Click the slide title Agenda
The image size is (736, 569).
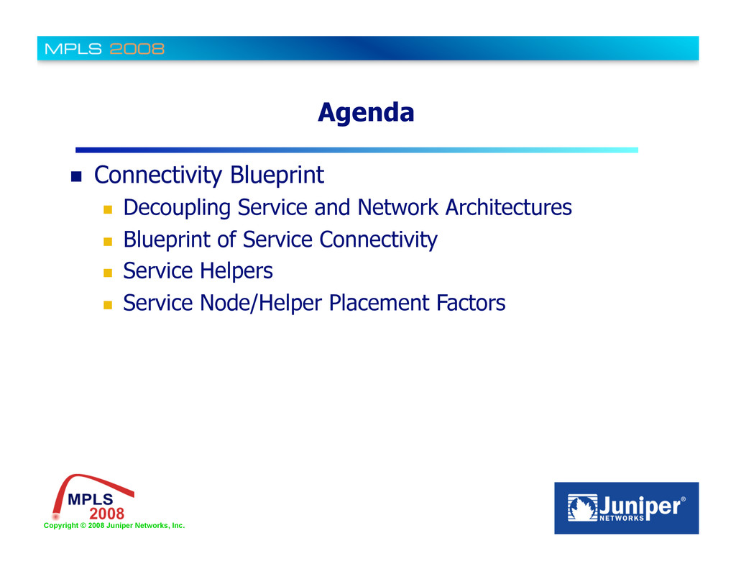pyautogui.click(x=366, y=113)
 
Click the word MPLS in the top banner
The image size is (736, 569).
pyautogui.click(x=73, y=49)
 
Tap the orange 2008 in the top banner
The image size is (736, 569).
pyautogui.click(x=137, y=49)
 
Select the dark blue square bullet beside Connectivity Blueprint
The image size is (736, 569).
pyautogui.click(x=76, y=177)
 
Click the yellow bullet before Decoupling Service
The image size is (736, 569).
pyautogui.click(x=108, y=209)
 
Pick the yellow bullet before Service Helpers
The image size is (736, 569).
pyautogui.click(x=108, y=273)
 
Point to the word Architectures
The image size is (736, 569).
pyautogui.click(x=508, y=207)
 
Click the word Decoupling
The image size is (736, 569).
pyautogui.click(x=177, y=208)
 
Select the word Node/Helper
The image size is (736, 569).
pyautogui.click(x=261, y=303)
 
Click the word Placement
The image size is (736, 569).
pyautogui.click(x=379, y=303)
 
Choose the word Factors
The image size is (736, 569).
pyautogui.click(x=471, y=303)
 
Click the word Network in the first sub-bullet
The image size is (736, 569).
pyautogui.click(x=397, y=207)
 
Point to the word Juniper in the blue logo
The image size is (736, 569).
pyautogui.click(x=639, y=506)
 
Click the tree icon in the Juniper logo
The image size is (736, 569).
pyautogui.click(x=582, y=508)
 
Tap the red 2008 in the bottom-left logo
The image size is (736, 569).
pyautogui.click(x=107, y=514)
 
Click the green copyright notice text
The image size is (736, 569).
pyautogui.click(x=114, y=526)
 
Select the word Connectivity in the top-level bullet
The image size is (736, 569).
pyautogui.click(x=157, y=176)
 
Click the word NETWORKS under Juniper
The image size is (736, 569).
pyautogui.click(x=622, y=518)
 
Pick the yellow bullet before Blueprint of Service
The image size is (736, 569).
pyautogui.click(x=108, y=242)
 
